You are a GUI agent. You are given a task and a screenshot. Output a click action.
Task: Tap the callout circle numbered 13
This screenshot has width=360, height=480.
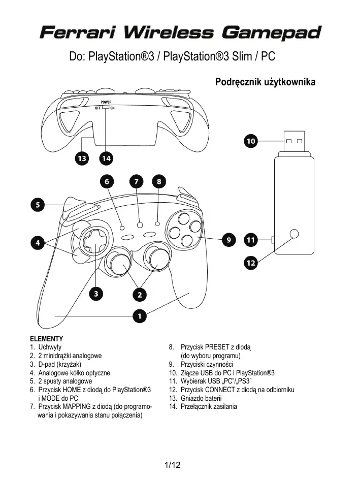[81, 158]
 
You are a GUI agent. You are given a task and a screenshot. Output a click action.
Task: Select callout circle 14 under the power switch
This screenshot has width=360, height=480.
[106, 158]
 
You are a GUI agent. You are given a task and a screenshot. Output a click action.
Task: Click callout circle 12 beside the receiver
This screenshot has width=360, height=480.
[251, 263]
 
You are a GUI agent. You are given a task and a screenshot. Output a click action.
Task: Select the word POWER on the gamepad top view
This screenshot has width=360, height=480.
[106, 102]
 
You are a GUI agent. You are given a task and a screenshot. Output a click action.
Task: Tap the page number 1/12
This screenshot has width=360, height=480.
[173, 465]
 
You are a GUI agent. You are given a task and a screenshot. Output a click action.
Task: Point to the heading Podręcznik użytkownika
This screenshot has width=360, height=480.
[265, 82]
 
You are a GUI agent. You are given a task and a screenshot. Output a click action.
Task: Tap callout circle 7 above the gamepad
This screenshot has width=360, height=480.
[136, 181]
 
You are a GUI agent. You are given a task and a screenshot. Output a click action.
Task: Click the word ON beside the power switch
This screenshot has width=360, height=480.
[112, 108]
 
